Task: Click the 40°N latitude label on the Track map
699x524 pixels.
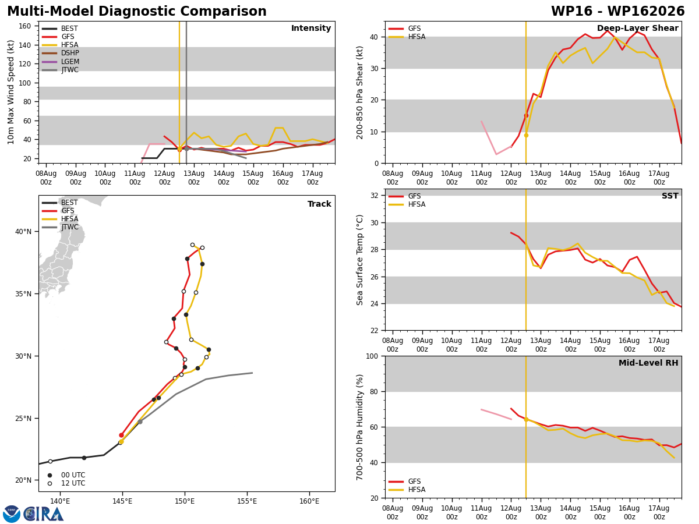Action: point(23,232)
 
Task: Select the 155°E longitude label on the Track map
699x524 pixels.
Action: point(247,501)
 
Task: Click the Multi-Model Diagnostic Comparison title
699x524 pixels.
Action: point(137,12)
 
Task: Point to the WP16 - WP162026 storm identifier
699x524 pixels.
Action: point(618,12)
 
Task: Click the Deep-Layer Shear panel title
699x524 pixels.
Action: point(637,29)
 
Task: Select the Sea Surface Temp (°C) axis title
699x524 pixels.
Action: point(359,260)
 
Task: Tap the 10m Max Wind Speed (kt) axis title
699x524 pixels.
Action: point(10,92)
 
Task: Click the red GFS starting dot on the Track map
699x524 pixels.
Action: point(121,436)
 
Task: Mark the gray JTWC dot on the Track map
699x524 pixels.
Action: point(140,422)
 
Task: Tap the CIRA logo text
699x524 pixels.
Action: point(44,514)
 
